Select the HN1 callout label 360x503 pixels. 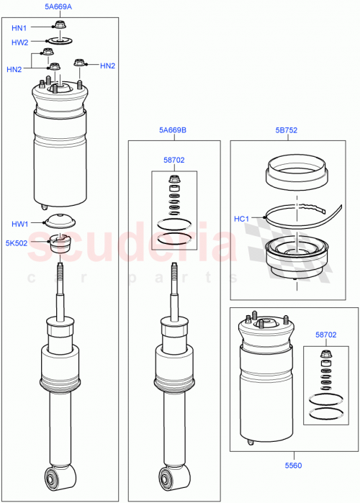[x=19, y=28]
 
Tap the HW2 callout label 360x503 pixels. [x=19, y=42]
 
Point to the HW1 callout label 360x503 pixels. [x=20, y=224]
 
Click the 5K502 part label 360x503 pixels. [x=16, y=243]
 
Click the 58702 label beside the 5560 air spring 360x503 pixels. [x=325, y=335]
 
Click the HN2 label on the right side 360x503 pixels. [x=107, y=66]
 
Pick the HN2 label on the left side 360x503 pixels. [x=14, y=69]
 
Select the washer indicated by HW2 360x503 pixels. [x=57, y=42]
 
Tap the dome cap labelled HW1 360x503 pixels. [x=59, y=222]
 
